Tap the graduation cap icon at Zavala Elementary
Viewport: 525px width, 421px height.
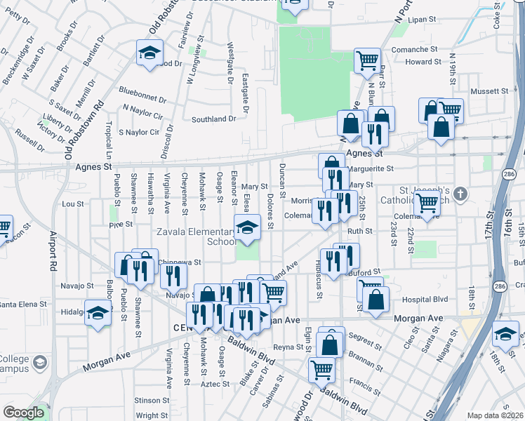click(246, 228)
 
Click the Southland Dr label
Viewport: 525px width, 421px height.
click(213, 119)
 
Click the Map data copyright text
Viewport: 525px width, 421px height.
click(496, 415)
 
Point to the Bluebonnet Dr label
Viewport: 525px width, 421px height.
click(141, 90)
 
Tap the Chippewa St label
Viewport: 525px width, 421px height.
click(180, 262)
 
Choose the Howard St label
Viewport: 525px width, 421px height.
click(423, 62)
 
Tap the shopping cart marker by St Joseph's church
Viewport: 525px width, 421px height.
click(427, 204)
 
